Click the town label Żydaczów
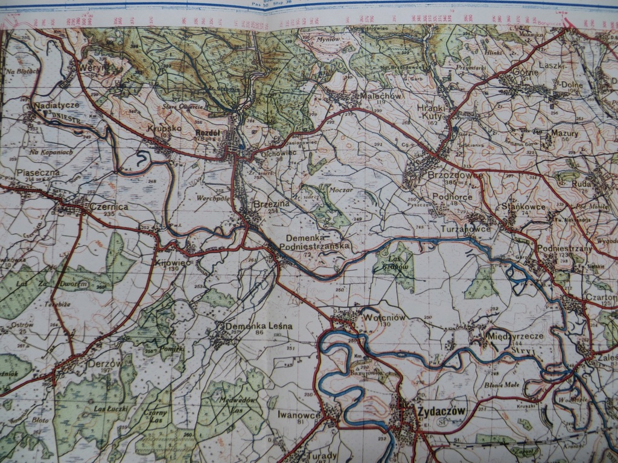point(441,411)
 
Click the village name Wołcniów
point(384,317)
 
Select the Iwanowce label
point(299,414)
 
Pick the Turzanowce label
point(465,230)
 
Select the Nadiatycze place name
point(57,105)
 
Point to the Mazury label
point(564,133)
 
